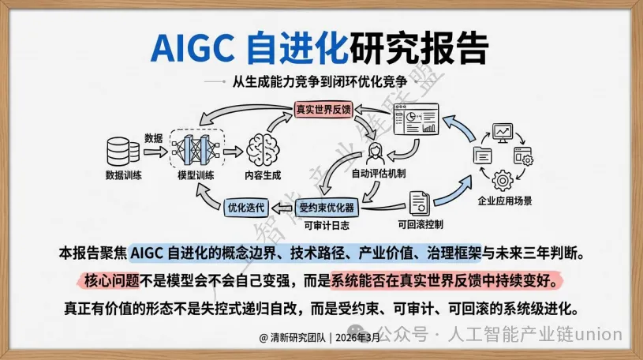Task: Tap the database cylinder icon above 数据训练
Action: [118, 150]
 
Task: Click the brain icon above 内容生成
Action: [263, 148]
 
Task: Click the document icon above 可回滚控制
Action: [418, 203]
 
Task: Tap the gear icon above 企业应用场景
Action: [503, 178]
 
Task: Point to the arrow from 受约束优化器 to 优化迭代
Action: [280, 208]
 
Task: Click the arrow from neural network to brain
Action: [231, 149]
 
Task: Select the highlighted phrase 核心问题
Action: [107, 280]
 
